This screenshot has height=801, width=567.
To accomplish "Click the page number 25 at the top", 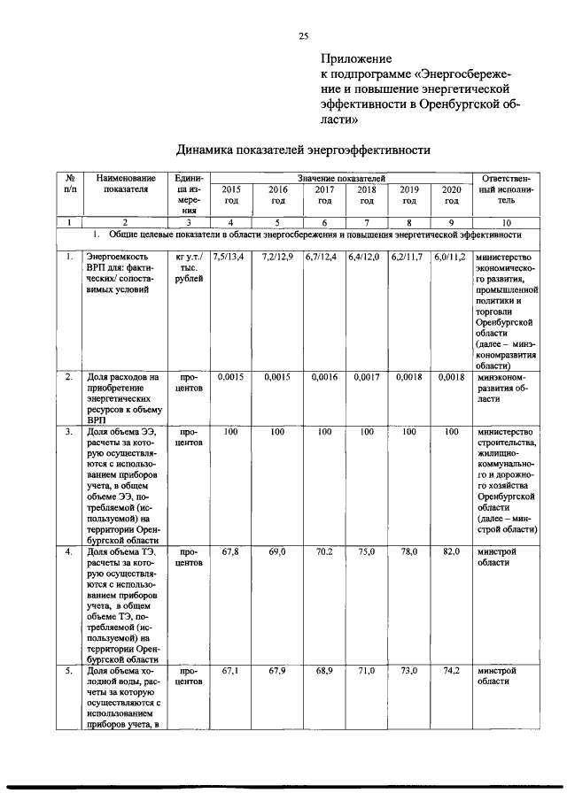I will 303,36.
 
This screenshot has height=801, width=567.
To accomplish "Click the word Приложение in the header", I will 359,60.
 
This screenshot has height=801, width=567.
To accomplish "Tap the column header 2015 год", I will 230,194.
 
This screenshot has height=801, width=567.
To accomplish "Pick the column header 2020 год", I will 451,194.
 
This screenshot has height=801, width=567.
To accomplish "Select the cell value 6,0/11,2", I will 451,257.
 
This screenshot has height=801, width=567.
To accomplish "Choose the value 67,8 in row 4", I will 230,551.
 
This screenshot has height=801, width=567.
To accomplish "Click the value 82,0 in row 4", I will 451,551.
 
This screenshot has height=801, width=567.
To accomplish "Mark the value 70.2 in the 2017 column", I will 324,551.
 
